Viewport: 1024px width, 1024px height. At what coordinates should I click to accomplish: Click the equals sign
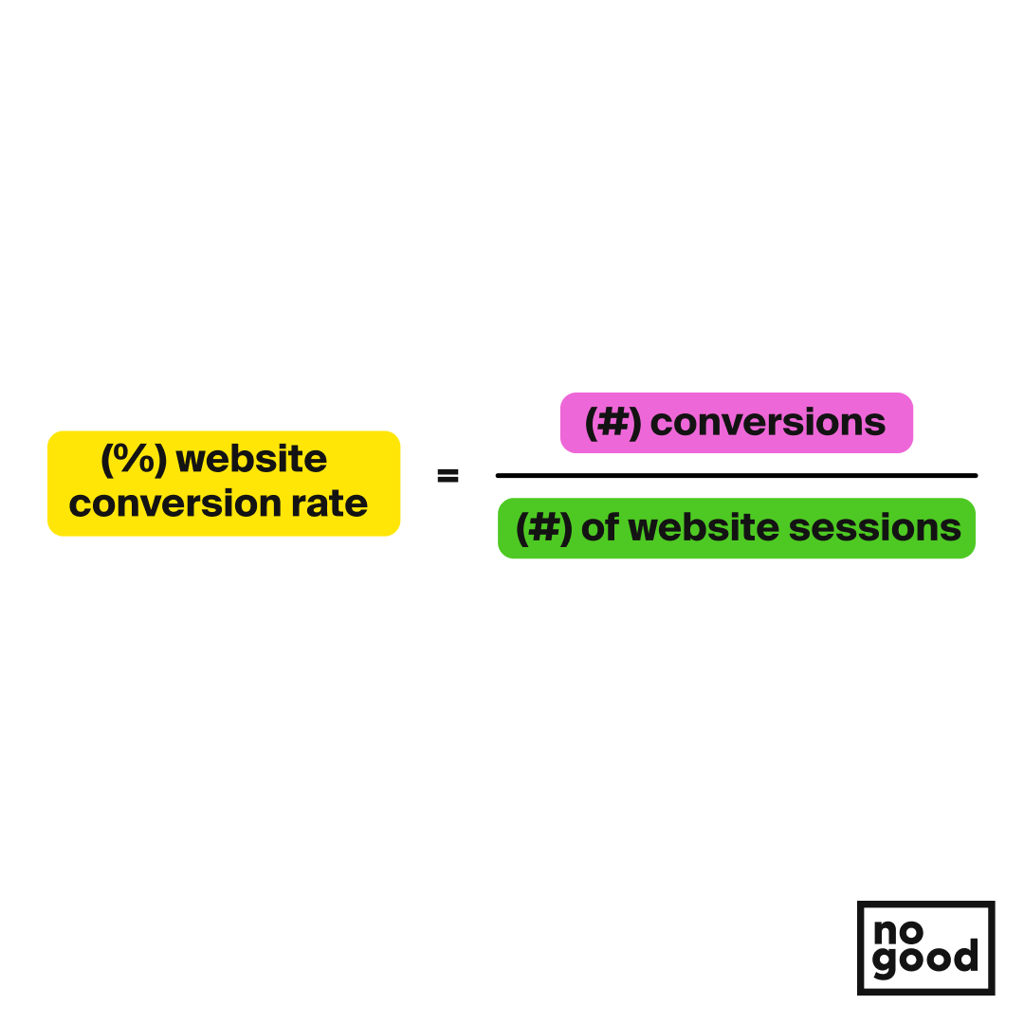(x=448, y=475)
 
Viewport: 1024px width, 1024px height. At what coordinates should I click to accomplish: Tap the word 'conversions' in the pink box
(x=768, y=423)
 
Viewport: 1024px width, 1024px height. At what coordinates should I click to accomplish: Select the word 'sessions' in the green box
(x=875, y=528)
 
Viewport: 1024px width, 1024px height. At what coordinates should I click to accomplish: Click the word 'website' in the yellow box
(x=251, y=459)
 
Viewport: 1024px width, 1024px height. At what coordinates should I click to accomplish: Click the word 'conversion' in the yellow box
(x=175, y=503)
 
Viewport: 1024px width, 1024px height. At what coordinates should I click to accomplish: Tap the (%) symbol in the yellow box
(x=134, y=459)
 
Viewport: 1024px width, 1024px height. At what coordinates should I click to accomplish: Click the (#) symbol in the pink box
(x=613, y=423)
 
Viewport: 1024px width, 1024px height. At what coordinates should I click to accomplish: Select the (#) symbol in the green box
(x=544, y=528)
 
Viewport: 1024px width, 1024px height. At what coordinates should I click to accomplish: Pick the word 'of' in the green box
(x=599, y=527)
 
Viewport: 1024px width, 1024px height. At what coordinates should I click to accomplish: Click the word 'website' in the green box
(x=704, y=527)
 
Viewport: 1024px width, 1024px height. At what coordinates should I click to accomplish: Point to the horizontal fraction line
(x=737, y=475)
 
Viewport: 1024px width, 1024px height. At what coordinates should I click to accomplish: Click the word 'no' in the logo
(x=898, y=932)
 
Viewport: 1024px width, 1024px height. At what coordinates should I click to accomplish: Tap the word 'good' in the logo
(x=925, y=960)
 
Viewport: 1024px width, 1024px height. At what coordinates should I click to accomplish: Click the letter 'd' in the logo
(x=966, y=956)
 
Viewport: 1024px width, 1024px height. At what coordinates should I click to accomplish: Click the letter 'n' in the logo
(x=885, y=933)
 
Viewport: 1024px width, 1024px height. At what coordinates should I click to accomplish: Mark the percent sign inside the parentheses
(x=134, y=459)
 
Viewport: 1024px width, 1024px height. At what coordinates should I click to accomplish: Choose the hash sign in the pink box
(x=613, y=423)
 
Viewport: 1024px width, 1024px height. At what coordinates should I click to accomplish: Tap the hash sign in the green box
(x=544, y=528)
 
